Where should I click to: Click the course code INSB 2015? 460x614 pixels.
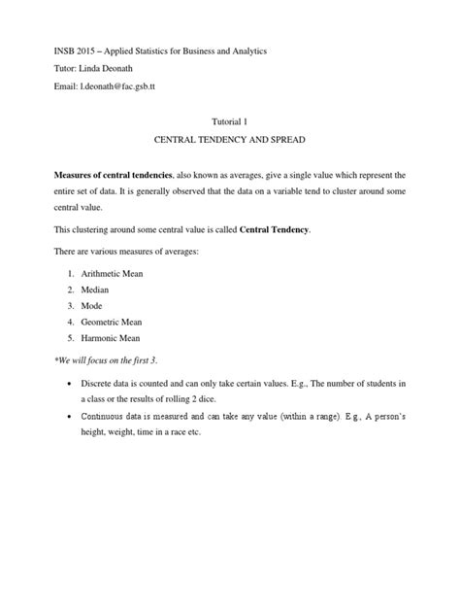coord(56,50)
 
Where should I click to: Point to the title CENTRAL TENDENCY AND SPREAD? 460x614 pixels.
coord(230,142)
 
